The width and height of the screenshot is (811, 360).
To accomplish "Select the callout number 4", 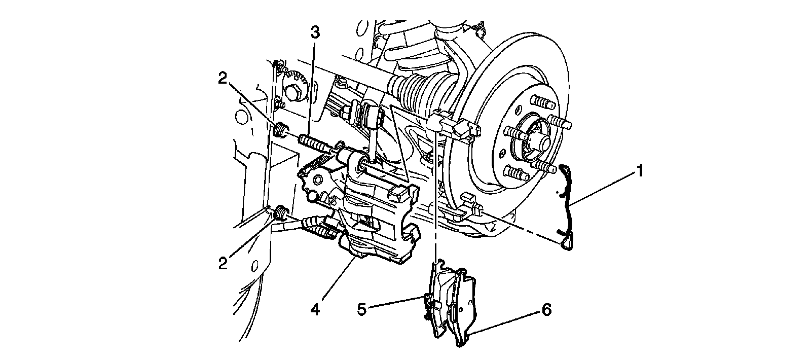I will coord(315,309).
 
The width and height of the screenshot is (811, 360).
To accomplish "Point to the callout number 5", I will coord(361,309).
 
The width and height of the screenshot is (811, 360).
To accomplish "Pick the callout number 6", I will coord(546,309).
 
